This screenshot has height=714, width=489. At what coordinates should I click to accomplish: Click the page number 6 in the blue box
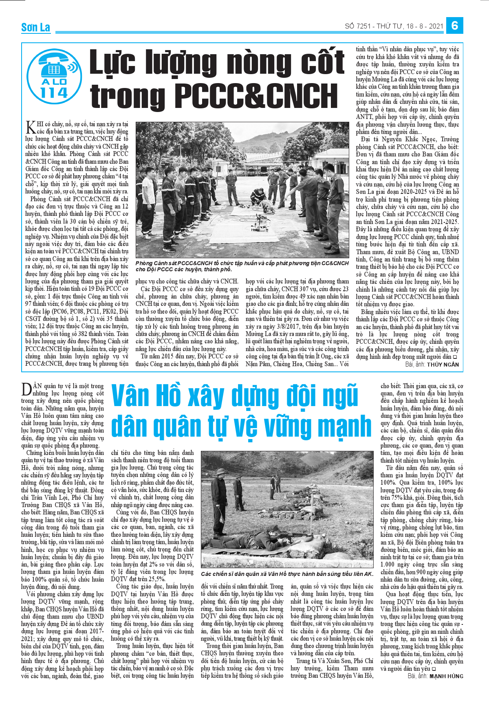tap(454, 26)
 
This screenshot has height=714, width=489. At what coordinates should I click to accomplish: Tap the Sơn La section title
tap(35, 27)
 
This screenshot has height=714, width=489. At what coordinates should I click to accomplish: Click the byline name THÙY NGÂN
tap(443, 365)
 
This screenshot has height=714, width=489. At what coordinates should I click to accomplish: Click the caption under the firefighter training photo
tap(242, 266)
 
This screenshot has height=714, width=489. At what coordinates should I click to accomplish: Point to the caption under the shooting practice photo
tap(286, 574)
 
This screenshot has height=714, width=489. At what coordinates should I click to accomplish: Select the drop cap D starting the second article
tap(26, 389)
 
